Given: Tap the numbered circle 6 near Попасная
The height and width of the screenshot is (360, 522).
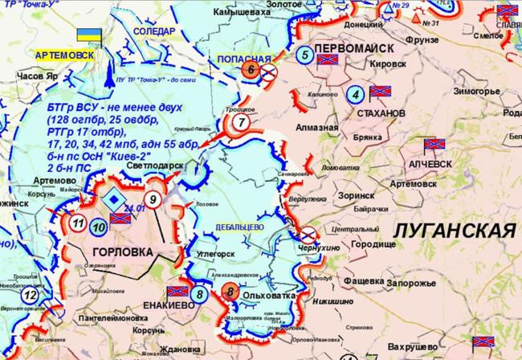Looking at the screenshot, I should pos(251,70).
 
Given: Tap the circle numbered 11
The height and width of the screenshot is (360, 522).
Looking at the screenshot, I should pos(78,223).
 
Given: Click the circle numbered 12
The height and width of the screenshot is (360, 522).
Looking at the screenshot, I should pos(30,296).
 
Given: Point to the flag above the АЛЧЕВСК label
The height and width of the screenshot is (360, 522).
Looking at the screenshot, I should pos(434,146).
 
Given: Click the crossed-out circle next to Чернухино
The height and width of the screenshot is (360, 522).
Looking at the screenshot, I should pos(308,234).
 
